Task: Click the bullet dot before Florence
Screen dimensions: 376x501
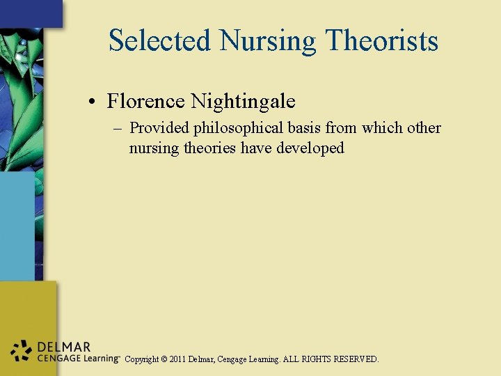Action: (92, 102)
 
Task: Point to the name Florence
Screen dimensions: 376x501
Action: (145, 102)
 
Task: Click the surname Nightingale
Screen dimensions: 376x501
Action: (243, 102)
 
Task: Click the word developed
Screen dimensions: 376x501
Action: (310, 148)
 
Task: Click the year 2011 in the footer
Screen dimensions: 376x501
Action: (179, 359)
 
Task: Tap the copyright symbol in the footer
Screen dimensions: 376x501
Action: (164, 359)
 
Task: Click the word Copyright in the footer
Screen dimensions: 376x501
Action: (142, 359)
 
